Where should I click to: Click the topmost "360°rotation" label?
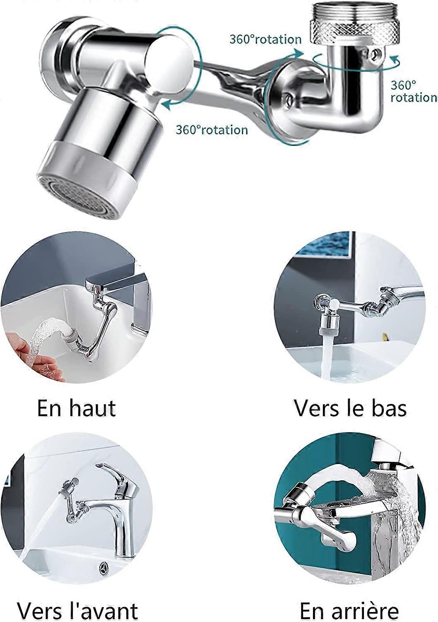[x=265, y=39]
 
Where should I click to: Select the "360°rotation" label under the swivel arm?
[x=212, y=130]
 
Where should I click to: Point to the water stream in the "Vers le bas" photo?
[x=327, y=357]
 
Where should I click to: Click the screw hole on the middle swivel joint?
[x=287, y=99]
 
